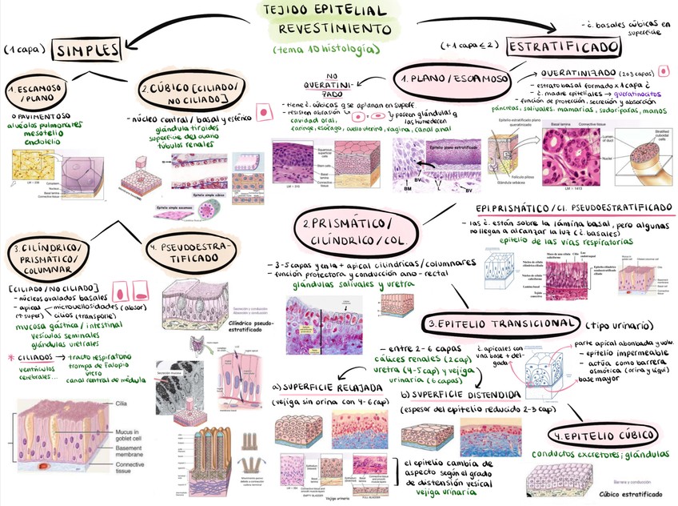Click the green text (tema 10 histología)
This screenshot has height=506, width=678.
pyautogui.click(x=325, y=50)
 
